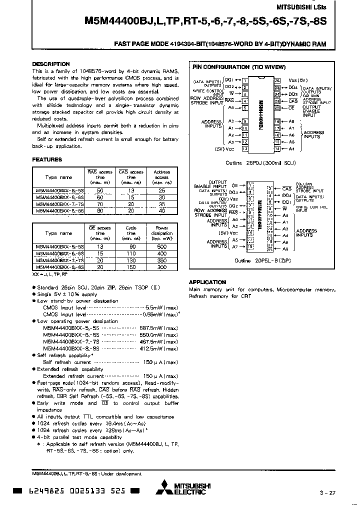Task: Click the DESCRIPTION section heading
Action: pos(51,64)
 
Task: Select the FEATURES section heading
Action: pos(47,159)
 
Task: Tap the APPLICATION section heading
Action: pos(207,282)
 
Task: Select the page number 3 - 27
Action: pos(327,493)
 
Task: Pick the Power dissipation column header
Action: pos(161,233)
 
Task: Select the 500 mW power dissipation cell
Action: pos(161,247)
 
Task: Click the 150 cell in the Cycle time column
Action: pos(130,267)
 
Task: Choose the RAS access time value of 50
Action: pos(99,191)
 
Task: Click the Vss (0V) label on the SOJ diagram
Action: pos(298,80)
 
